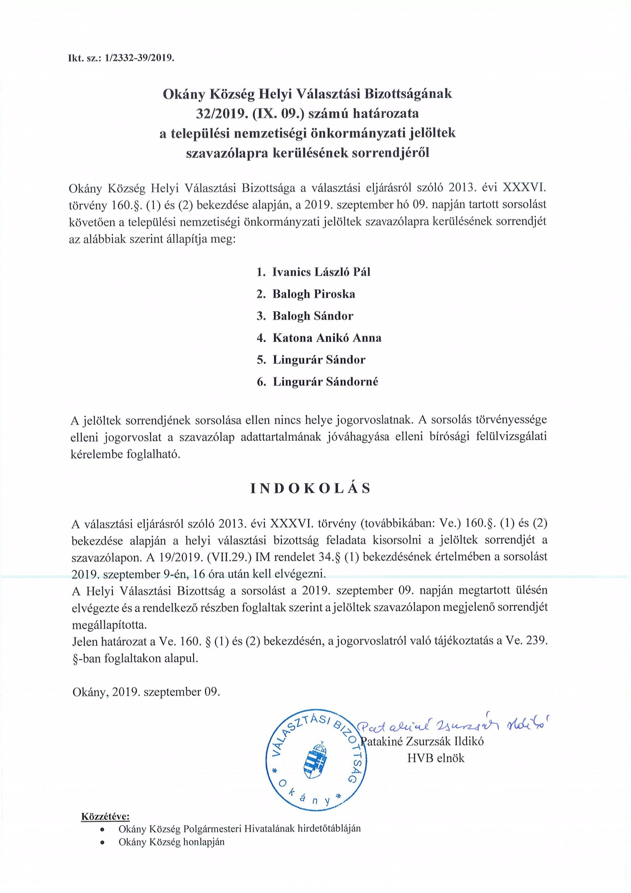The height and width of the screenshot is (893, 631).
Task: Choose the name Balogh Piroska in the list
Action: [314, 294]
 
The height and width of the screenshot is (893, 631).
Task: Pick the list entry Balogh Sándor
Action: [313, 315]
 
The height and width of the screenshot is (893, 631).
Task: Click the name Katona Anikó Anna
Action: [327, 338]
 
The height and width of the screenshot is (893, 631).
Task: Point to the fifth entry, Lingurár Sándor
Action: [319, 359]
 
